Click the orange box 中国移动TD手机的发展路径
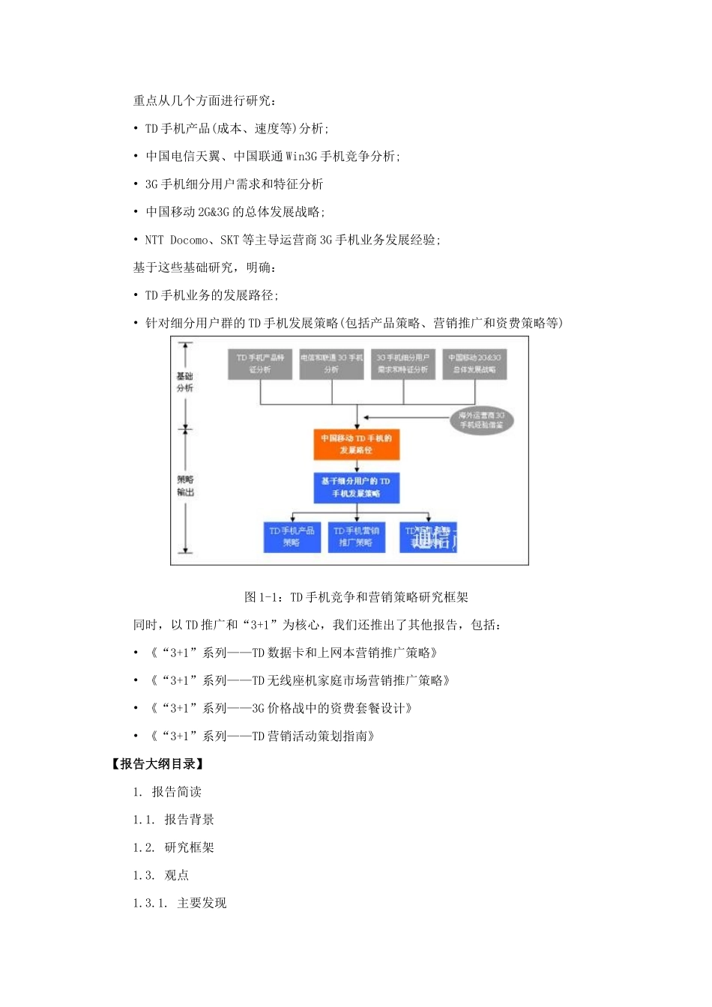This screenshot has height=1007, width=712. pos(356,444)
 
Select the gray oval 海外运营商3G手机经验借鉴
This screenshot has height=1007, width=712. pos(481,420)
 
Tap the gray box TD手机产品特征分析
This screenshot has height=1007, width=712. pos(260,363)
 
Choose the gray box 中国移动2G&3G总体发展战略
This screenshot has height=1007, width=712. pos(474,363)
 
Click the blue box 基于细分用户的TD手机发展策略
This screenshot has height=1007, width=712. pos(356,488)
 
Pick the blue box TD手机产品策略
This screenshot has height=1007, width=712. pos(292,536)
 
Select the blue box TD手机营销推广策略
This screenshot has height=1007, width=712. pos(356,536)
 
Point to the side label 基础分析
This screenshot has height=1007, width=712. pos(184,382)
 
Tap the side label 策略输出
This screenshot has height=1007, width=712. pos(185,486)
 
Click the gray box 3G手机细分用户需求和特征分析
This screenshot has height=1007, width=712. pos(402,363)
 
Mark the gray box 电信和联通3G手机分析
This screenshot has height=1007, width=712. pos(331,363)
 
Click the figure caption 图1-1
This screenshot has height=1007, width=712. pos(356,597)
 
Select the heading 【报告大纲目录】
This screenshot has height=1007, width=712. pos(157,764)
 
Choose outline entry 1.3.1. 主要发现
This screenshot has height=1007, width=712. pos(180,903)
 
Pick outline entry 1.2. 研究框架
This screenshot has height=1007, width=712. pos(174,847)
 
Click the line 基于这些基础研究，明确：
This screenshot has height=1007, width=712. pos(205,267)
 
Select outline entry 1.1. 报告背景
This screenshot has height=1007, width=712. pos(174,820)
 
